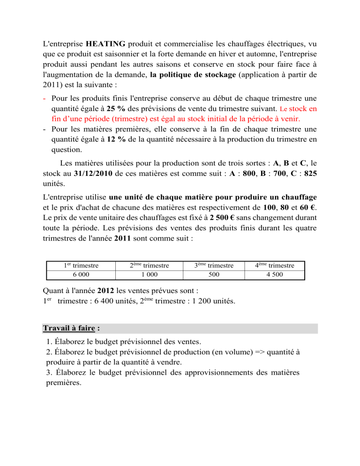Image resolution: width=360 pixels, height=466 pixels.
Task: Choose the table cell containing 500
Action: (214, 274)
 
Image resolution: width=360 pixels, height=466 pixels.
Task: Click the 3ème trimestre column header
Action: (214, 265)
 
